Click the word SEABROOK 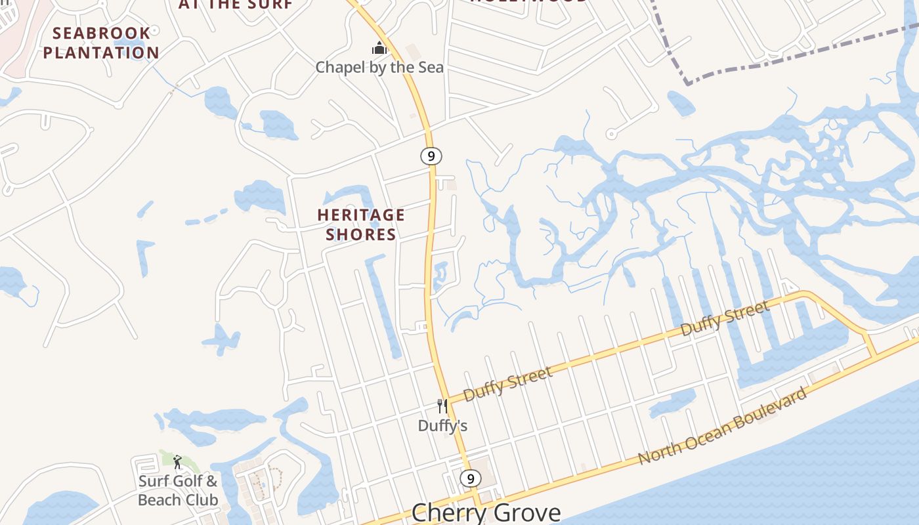[101, 33]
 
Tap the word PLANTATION [101, 52]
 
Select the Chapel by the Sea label [379, 67]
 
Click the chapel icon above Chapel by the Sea [379, 48]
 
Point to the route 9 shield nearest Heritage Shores [431, 156]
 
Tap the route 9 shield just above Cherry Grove [470, 478]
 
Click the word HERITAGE [361, 215]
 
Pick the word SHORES [361, 234]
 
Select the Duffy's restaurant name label [442, 426]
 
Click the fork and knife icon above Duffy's [442, 406]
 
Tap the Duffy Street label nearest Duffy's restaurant [507, 384]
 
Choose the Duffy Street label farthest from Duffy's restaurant [725, 319]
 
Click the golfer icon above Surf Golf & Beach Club [177, 462]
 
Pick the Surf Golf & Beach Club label [178, 490]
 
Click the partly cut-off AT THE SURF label [235, 4]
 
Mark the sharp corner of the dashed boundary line [688, 83]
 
